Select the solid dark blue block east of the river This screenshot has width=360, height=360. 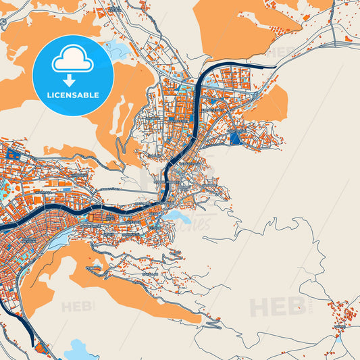235,139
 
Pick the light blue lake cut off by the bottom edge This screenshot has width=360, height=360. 80,349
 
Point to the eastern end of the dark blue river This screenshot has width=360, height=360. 274,66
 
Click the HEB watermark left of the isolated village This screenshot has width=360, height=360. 278,307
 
